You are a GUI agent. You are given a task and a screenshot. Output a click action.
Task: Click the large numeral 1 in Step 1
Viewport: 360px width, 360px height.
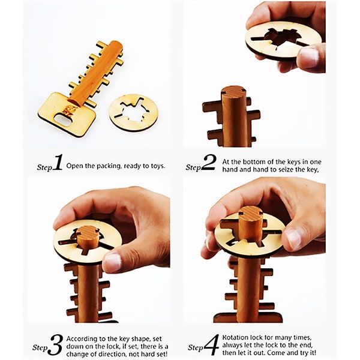[58, 163]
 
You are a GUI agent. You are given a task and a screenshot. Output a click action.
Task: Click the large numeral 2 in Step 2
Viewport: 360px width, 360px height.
[209, 163]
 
